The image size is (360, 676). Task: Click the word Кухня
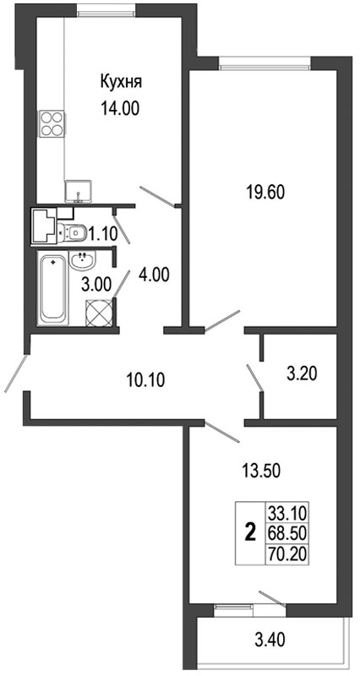(121, 81)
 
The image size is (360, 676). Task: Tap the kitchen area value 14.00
(120, 109)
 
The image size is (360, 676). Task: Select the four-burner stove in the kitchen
(52, 123)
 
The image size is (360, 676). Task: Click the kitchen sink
(79, 192)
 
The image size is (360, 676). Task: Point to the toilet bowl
(72, 233)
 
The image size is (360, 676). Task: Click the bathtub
(52, 290)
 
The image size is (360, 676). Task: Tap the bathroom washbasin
(84, 261)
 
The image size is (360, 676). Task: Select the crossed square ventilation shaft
(99, 313)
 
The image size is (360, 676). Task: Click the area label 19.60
(265, 193)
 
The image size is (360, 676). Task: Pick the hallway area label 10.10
(145, 380)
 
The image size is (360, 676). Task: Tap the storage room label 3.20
(302, 373)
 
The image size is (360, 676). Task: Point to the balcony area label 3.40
(268, 639)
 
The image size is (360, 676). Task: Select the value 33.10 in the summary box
(287, 514)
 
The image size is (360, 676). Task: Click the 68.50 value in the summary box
(287, 533)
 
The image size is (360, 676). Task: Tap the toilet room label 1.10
(102, 234)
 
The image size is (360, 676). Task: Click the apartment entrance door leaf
(16, 373)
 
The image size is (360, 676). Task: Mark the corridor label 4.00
(154, 275)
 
